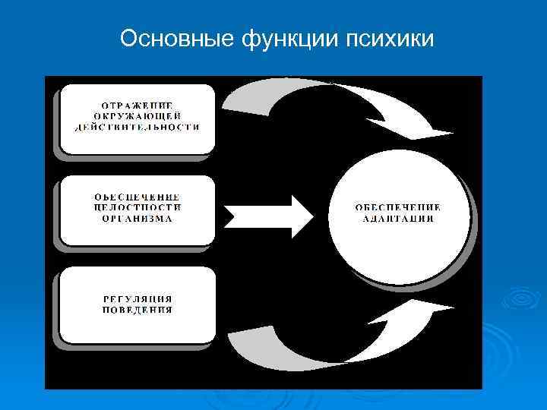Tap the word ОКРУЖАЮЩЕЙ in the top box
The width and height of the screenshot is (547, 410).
138,115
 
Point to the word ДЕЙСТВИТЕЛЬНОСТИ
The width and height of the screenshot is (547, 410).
138,127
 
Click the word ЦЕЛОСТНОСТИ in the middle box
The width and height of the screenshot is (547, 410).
138,207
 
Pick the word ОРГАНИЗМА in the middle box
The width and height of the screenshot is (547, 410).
138,218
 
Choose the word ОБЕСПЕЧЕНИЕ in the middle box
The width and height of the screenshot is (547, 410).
138,195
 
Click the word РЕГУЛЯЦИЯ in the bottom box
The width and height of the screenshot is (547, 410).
138,298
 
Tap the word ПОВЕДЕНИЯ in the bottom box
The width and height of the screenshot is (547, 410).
138,310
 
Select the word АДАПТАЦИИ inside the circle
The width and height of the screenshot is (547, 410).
397,218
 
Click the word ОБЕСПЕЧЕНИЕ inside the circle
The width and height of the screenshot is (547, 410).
397,207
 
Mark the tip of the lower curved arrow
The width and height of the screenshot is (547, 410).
448,306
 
